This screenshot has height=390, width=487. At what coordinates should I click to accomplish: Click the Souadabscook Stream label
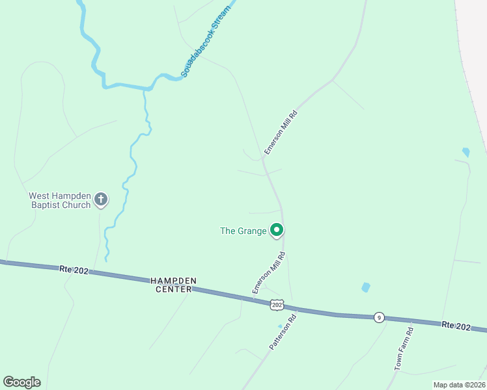click(x=208, y=44)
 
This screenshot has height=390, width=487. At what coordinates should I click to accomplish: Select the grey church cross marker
click(x=101, y=200)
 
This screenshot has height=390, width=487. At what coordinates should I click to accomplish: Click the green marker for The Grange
click(x=277, y=229)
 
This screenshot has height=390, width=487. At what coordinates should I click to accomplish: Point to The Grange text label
click(x=243, y=231)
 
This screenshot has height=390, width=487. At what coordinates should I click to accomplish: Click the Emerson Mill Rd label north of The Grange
click(x=281, y=133)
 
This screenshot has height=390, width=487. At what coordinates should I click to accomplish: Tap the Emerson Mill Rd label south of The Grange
click(x=268, y=273)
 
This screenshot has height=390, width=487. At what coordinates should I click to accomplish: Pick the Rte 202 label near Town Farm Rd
click(x=455, y=325)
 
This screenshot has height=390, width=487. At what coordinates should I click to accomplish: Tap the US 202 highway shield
click(x=277, y=305)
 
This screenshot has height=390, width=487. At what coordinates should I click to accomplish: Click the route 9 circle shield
click(x=379, y=317)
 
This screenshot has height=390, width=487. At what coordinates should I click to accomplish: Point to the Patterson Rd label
click(x=283, y=333)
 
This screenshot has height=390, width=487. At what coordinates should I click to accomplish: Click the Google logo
click(x=21, y=382)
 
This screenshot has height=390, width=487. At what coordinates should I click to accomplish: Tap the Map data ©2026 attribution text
click(x=458, y=385)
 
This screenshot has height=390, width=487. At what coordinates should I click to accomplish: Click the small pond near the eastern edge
click(x=466, y=152)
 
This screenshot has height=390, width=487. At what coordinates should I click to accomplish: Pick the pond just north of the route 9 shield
click(x=366, y=287)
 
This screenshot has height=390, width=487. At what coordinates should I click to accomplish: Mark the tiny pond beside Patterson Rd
click(x=280, y=326)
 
